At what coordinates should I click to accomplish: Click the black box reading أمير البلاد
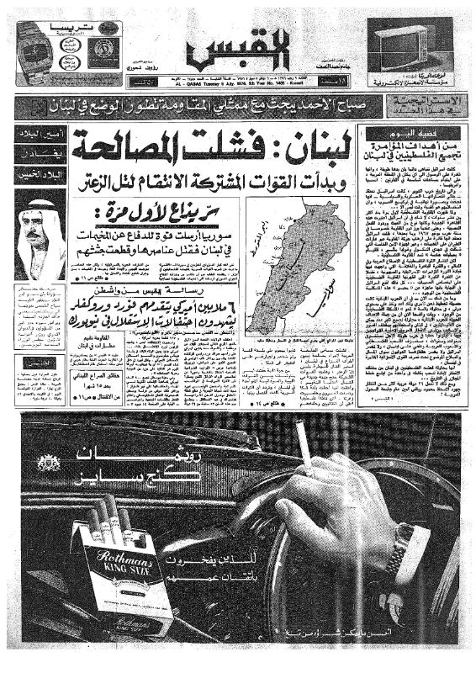(x=37, y=136)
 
